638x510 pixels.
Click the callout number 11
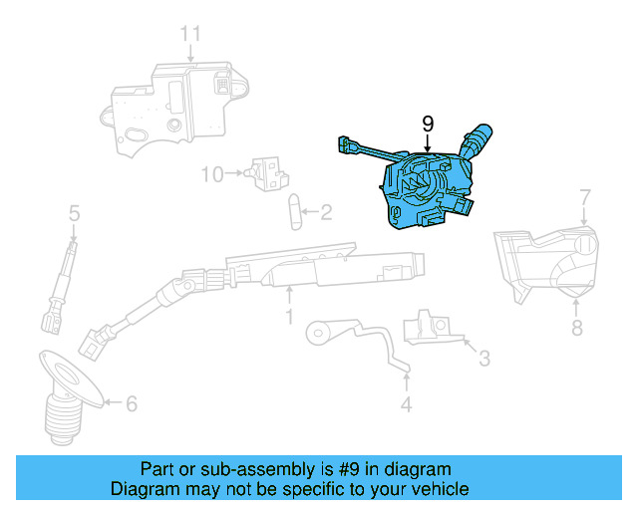coord(190,34)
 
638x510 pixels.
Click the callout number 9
coord(428,124)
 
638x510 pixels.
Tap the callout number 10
coord(212,174)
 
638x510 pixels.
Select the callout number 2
coord(326,211)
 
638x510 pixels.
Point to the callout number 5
coord(74,212)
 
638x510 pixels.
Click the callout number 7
coord(584,197)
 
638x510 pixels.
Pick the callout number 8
coord(575,328)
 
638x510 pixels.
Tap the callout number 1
coord(289,317)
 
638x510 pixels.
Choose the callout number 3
coord(483,357)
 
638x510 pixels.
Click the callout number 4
coord(406,404)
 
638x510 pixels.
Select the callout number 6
coord(131,403)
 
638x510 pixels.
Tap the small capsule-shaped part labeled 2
coord(293,211)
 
